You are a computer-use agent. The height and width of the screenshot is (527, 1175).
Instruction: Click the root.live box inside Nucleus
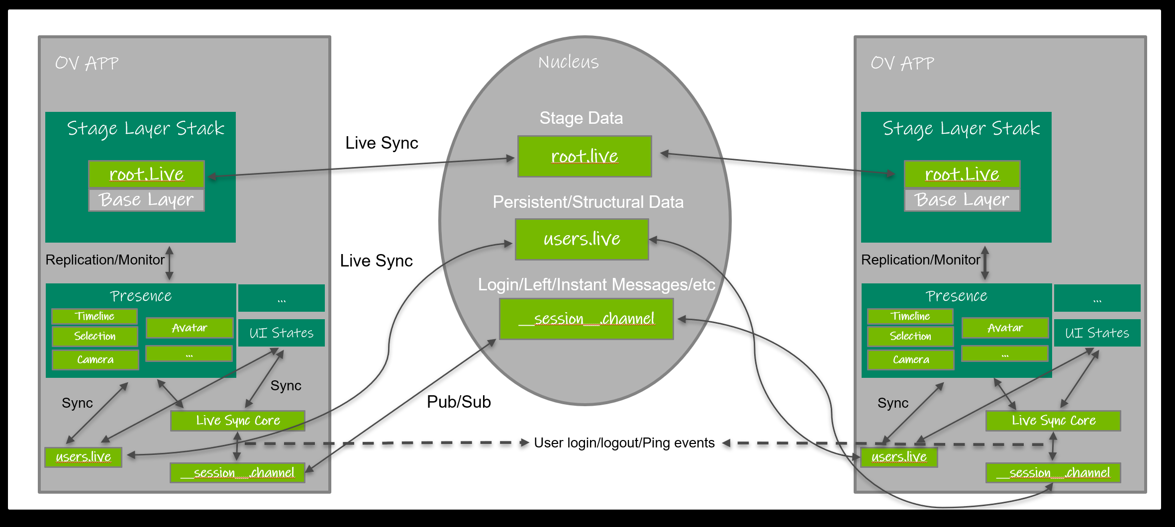(585, 157)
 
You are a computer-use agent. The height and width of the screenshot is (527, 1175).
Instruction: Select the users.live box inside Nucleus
(582, 239)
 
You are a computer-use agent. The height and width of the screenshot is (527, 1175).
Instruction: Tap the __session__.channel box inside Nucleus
(586, 319)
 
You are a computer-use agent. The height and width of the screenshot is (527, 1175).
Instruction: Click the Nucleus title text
(569, 62)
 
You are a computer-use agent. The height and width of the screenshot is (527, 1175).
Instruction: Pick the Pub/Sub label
(459, 402)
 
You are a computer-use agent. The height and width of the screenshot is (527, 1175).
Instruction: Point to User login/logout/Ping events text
(624, 442)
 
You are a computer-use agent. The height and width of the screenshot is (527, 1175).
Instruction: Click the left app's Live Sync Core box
(238, 421)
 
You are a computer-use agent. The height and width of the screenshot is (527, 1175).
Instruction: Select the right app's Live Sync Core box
(1053, 421)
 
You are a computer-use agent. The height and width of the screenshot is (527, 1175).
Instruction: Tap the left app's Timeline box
(95, 316)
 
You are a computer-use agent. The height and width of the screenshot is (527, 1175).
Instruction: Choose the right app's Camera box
(910, 359)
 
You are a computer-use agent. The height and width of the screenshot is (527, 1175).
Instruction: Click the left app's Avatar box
(190, 328)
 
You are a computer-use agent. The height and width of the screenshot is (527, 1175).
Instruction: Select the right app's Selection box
(910, 336)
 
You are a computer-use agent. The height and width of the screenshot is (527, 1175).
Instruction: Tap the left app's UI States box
(282, 333)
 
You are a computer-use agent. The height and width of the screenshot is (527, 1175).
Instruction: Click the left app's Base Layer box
(146, 200)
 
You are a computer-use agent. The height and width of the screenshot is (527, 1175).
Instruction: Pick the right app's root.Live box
(962, 174)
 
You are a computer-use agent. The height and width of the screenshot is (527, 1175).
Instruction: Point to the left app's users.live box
(83, 457)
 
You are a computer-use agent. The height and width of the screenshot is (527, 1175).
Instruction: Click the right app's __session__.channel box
(1053, 472)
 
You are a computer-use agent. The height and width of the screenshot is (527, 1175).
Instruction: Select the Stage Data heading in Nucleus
(581, 118)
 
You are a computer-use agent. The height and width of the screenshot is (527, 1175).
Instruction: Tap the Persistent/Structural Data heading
(588, 202)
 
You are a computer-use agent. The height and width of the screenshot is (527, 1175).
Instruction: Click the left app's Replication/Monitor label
(105, 260)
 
